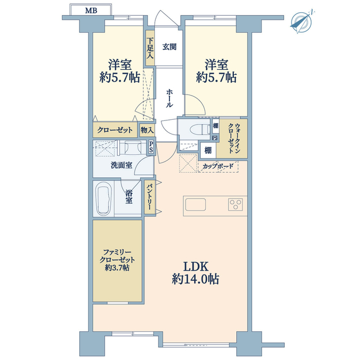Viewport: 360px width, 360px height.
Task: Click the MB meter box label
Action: pos(91,11)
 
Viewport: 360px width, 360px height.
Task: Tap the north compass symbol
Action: pos(302,21)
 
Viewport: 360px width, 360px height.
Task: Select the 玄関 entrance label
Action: pos(169,47)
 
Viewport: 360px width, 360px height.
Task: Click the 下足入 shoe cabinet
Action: pos(150,48)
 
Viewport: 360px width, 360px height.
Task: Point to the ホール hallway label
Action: pos(169,98)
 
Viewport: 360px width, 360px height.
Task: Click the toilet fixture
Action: pos(200,129)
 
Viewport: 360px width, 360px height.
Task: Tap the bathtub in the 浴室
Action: pos(103,199)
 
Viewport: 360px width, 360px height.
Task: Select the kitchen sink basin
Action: pos(195,205)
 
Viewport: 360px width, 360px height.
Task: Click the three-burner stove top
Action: pos(235,205)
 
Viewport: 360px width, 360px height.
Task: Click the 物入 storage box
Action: pos(147,130)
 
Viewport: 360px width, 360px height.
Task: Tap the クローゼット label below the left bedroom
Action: pos(115,130)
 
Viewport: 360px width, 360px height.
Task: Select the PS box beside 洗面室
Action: pos(151,147)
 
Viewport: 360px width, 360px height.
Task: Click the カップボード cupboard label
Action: pos(218,166)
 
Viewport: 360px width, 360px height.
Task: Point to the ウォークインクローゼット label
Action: pos(234,138)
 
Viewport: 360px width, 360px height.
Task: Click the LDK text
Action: pos(196,267)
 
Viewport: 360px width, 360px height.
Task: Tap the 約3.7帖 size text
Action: pos(117,268)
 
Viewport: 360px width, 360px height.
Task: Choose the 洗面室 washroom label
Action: pos(121,165)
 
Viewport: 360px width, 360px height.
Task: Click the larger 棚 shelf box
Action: pos(208,150)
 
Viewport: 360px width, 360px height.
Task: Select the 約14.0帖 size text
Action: pos(195,280)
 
